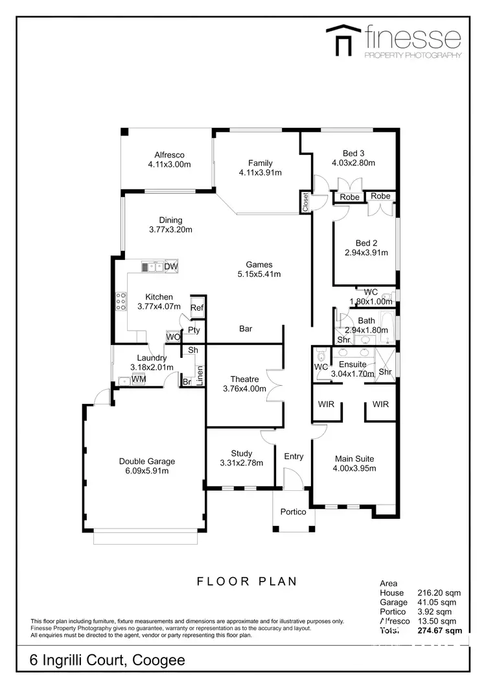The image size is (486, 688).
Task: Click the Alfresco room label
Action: click(169, 155)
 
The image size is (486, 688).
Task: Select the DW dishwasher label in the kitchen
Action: click(171, 267)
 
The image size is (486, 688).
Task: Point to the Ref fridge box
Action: click(197, 308)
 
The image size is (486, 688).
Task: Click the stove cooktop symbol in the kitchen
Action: click(121, 302)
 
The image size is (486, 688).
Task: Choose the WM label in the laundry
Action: click(139, 379)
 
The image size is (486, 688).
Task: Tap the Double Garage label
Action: click(147, 461)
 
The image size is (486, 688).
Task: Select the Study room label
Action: click(242, 453)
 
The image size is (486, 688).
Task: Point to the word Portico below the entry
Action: click(293, 512)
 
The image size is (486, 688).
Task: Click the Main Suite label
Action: click(354, 458)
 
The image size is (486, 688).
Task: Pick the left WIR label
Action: click(326, 405)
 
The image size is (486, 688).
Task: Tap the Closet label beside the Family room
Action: click(305, 202)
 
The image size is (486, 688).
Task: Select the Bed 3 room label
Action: click(354, 153)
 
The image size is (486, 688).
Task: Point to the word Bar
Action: click(246, 329)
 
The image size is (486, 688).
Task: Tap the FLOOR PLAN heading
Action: click(247, 581)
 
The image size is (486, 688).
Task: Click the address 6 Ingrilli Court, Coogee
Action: click(108, 660)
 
